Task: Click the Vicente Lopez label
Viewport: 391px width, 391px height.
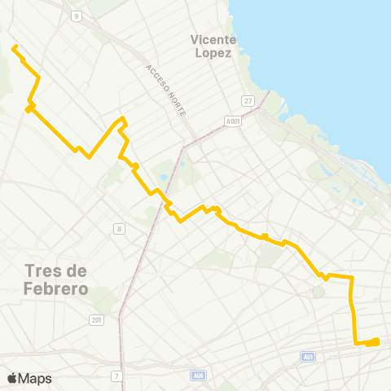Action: [x=213, y=46]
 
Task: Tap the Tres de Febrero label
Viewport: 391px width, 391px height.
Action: [x=55, y=278]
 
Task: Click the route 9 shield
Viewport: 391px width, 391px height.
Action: [x=76, y=15]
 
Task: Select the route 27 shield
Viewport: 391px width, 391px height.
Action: [x=248, y=100]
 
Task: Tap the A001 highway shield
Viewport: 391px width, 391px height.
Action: [x=232, y=121]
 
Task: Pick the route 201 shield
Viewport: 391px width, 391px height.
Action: [x=97, y=321]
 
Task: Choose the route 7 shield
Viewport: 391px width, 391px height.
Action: [x=117, y=376]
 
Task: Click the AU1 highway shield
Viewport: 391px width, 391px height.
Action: [x=307, y=357]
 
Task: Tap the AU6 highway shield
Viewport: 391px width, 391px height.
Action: [x=198, y=376]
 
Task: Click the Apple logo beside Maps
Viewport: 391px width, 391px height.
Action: [x=12, y=378]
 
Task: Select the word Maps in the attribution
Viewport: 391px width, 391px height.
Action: [x=35, y=378]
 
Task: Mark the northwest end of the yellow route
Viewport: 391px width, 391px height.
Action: [x=14, y=47]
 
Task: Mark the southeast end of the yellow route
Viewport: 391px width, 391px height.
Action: [x=376, y=341]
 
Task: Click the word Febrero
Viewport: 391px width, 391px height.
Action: [x=55, y=286]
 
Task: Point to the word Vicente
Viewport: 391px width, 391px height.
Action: [x=213, y=39]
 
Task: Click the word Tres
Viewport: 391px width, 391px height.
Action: [x=45, y=270]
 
